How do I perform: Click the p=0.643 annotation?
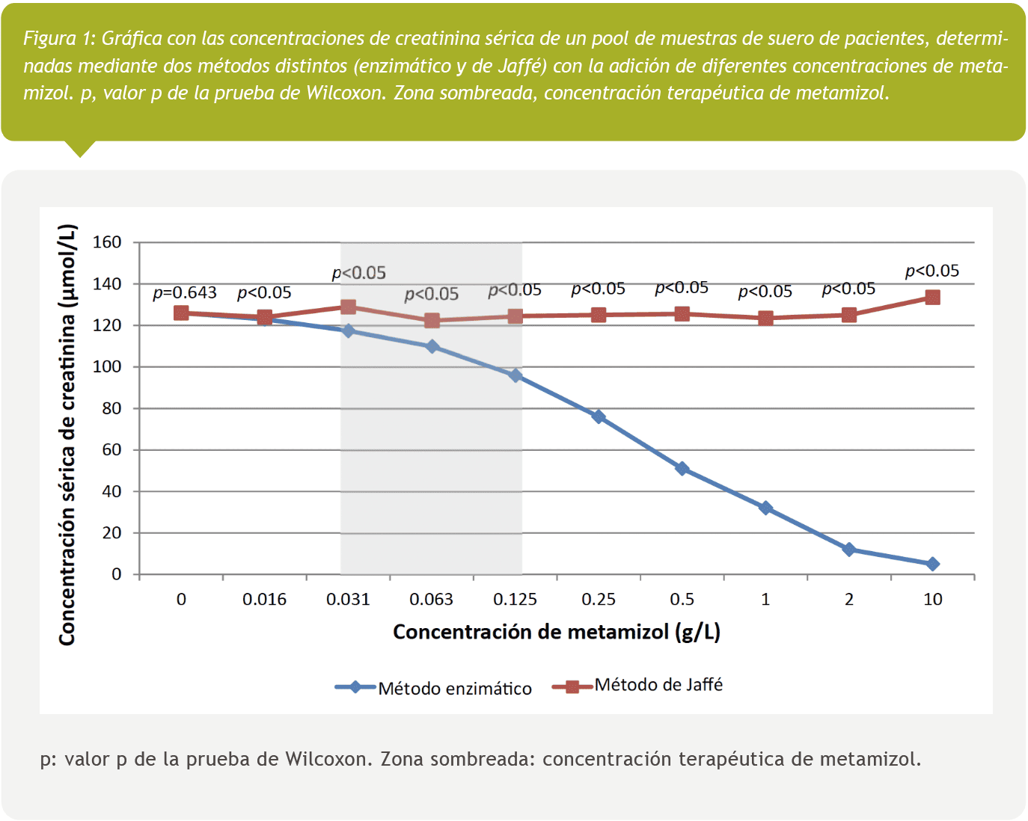pyautogui.click(x=185, y=293)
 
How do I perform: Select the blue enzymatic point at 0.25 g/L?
pyautogui.click(x=599, y=416)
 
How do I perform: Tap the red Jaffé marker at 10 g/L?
pyautogui.click(x=932, y=298)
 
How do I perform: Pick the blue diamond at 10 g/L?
pyautogui.click(x=932, y=564)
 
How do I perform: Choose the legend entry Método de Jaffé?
pyautogui.click(x=658, y=685)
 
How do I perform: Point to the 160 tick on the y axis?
pyautogui.click(x=107, y=242)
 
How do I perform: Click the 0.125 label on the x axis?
pyautogui.click(x=515, y=600)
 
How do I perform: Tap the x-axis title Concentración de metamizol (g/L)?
pyautogui.click(x=557, y=633)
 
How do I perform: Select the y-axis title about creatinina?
pyautogui.click(x=67, y=434)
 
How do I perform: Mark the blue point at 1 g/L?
pyautogui.click(x=765, y=508)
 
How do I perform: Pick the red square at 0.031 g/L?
pyautogui.click(x=348, y=307)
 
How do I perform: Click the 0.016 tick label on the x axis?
pyautogui.click(x=264, y=600)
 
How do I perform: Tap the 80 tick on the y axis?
pyautogui.click(x=111, y=408)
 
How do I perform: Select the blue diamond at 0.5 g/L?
pyautogui.click(x=682, y=469)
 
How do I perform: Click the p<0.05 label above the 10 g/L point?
pyautogui.click(x=932, y=271)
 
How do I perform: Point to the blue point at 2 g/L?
pyautogui.click(x=848, y=550)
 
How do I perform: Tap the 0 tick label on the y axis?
pyautogui.click(x=116, y=574)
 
